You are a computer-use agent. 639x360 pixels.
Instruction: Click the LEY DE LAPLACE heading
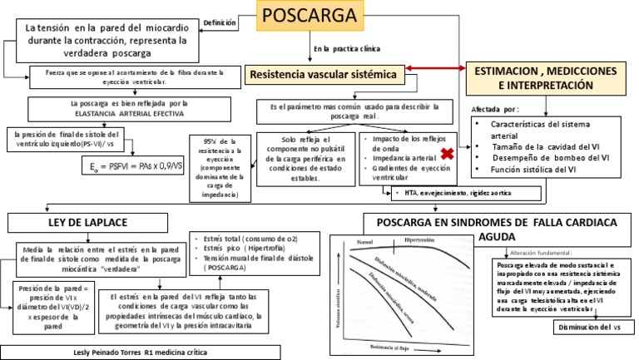coord(85,222)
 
